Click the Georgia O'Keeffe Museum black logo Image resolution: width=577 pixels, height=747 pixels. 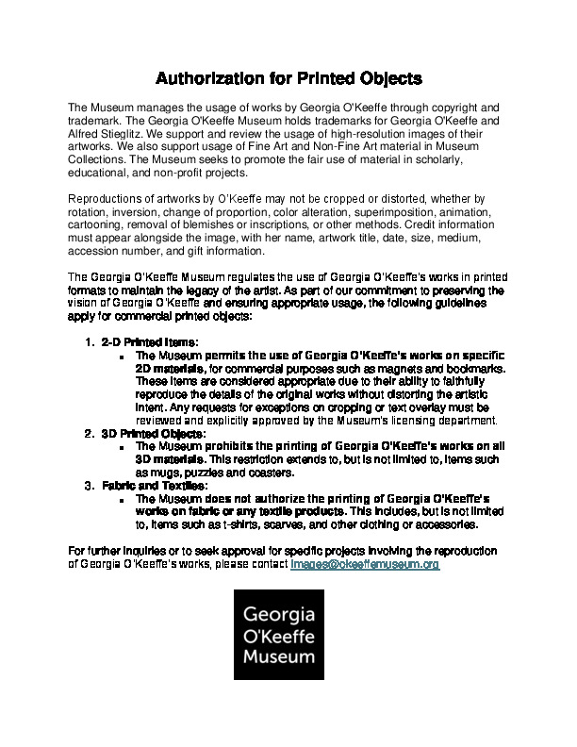click(x=278, y=635)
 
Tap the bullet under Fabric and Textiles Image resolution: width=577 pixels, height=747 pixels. click(x=123, y=499)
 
